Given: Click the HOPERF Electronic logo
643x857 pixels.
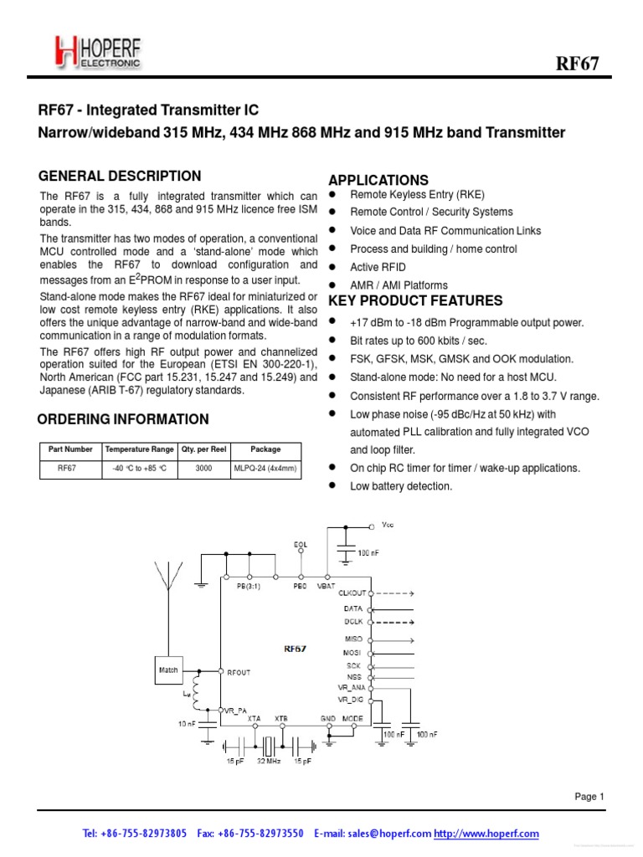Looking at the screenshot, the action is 98,52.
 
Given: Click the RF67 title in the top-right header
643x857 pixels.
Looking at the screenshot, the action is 578,64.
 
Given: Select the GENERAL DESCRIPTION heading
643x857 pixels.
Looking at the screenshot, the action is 120,176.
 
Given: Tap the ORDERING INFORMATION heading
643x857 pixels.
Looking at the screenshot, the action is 124,419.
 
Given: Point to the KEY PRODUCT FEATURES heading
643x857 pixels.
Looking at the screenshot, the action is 415,301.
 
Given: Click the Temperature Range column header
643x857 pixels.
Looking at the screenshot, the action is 140,449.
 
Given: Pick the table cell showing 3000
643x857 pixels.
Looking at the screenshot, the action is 203,469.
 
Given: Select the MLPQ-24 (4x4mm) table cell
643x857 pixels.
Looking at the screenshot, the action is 265,469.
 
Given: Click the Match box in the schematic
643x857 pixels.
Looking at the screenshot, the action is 167,670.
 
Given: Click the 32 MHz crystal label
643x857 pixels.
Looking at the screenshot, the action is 269,762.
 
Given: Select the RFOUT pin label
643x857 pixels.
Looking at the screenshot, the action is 239,671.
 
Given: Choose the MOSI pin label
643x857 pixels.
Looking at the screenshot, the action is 352,652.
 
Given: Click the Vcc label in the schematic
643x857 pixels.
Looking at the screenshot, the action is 386,526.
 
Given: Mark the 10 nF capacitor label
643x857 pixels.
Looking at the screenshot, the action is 186,723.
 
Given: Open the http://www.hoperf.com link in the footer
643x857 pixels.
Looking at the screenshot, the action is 486,834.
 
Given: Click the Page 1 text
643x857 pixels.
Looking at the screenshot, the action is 589,797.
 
